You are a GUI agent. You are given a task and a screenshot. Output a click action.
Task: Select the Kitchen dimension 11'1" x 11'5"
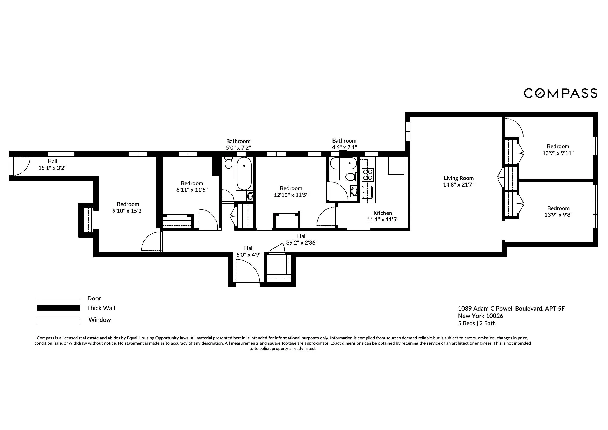point(383,220)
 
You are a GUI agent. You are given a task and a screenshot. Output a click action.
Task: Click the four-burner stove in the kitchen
point(368,175)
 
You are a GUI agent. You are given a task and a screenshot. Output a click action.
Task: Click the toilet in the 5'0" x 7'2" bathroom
point(228,162)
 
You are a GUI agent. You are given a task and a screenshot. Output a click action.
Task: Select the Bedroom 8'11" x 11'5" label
point(192,187)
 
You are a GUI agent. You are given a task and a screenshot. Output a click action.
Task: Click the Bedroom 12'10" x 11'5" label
point(291,191)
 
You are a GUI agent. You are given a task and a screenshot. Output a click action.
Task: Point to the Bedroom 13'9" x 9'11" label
point(558,150)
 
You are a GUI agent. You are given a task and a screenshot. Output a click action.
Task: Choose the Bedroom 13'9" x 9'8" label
point(558,211)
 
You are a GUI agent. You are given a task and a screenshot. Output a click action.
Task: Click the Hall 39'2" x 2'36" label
point(302,239)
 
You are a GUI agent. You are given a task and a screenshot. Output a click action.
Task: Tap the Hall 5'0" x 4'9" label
point(249,252)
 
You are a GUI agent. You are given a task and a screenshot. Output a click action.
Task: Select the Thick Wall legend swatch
point(58,308)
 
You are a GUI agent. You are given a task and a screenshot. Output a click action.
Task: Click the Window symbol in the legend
point(58,320)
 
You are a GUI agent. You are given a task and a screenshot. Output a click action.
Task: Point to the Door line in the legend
point(58,298)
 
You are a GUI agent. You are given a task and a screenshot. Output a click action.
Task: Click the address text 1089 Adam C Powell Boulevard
point(511,309)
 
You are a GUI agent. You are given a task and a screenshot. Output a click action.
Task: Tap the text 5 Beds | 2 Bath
point(477,323)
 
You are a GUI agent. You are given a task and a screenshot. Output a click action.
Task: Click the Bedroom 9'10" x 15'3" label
point(128,207)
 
